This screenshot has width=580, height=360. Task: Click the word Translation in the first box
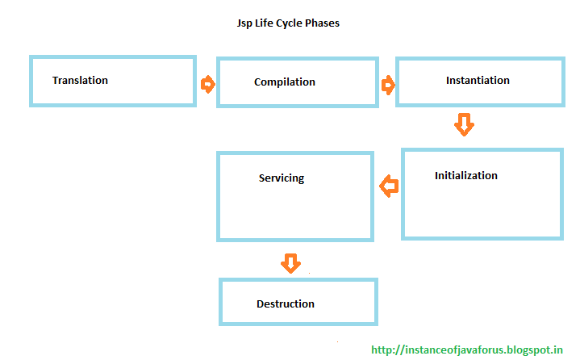[x=80, y=80]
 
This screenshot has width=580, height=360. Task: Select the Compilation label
[x=284, y=82]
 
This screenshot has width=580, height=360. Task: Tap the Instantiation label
[x=478, y=80]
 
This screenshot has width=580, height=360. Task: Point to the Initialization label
[x=465, y=175]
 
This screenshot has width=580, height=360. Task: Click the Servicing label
[x=282, y=178]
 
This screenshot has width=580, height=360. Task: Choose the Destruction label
[x=285, y=303]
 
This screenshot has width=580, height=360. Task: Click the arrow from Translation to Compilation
[x=207, y=84]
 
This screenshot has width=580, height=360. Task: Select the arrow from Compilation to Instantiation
[x=388, y=85]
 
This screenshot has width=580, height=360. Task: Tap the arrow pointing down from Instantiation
[x=464, y=124]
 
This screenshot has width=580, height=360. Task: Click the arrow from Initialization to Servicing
[x=389, y=187]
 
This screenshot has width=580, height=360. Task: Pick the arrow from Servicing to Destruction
[x=290, y=262]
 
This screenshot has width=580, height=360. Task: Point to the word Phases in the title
[x=322, y=23]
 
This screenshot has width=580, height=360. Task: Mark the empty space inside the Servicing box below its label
[x=294, y=214]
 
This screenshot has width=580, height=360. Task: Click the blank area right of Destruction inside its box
[x=347, y=303]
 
